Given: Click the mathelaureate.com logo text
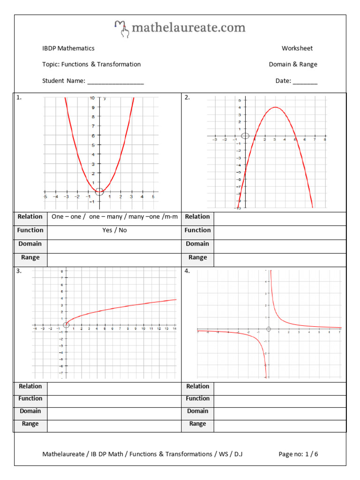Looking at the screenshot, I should click(188, 28).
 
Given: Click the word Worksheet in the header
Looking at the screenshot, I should click(297, 48).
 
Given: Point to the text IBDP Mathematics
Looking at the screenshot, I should click(68, 48).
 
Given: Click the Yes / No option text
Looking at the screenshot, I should click(114, 230).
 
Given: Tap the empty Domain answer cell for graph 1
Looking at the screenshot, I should click(114, 244).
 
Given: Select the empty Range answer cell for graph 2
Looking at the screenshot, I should click(280, 257).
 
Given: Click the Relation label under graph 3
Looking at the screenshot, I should click(30, 386).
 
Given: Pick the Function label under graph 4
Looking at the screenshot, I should click(197, 398).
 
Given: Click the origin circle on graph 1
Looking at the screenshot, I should click(99, 191).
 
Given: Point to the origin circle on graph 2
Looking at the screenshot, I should click(245, 136).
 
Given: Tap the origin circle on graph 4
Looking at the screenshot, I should click(268, 329).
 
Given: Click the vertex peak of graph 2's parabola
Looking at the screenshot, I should click(275, 107).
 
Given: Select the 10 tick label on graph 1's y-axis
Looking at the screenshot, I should click(92, 98).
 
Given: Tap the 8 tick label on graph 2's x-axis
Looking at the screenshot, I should click(324, 140).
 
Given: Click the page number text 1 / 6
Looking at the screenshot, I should click(312, 454).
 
